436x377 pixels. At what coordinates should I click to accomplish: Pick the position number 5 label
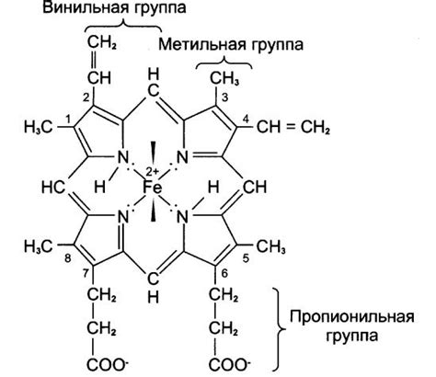[245, 260]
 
